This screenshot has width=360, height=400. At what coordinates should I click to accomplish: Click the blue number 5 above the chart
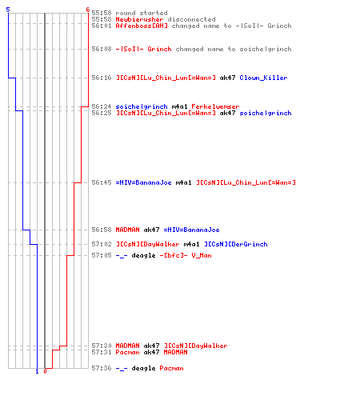(8, 10)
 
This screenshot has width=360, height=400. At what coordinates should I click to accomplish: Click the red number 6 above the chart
(88, 10)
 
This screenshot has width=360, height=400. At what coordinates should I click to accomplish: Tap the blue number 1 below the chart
(37, 371)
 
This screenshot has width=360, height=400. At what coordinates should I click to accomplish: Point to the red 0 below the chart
(45, 371)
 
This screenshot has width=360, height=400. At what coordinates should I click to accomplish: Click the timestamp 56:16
(102, 78)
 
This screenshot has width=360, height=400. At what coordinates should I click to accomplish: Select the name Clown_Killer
(263, 78)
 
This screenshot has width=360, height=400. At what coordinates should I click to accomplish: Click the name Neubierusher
(139, 19)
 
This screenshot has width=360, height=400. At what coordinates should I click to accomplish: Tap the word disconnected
(191, 19)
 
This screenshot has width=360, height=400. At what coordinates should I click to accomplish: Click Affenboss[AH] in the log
(142, 26)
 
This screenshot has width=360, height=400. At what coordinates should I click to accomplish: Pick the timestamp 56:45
(102, 182)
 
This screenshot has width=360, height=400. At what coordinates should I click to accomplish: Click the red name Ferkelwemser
(215, 106)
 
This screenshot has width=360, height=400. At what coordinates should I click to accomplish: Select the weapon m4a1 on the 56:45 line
(183, 182)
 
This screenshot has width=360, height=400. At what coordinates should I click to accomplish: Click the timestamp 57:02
(102, 244)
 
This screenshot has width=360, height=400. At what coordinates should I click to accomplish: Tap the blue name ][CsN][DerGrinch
(236, 244)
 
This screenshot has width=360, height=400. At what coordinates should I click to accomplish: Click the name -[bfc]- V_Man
(186, 255)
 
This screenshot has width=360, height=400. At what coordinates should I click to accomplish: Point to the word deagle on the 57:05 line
(143, 255)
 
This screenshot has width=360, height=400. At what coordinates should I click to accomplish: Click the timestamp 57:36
(102, 368)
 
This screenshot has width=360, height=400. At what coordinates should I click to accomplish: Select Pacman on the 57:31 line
(127, 352)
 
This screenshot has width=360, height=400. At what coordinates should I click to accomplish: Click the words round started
(142, 13)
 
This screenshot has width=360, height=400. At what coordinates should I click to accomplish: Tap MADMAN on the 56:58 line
(127, 230)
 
